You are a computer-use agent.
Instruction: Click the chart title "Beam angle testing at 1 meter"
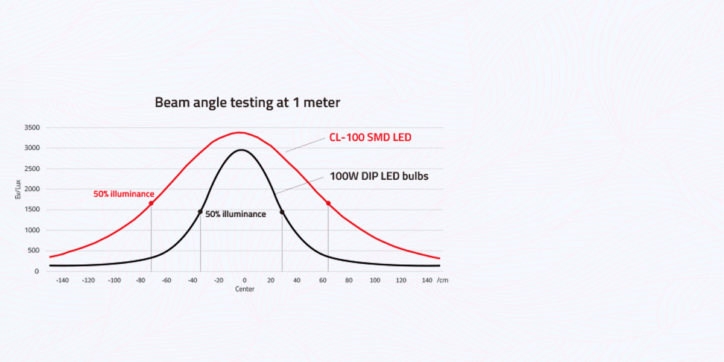tap(247, 103)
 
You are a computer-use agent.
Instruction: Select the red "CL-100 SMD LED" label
tap(370, 138)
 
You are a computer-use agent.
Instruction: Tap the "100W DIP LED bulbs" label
tap(379, 177)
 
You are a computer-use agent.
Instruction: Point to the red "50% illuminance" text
tap(124, 194)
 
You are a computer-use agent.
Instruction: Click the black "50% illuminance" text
tap(235, 214)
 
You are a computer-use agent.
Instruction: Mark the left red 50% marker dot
tap(151, 203)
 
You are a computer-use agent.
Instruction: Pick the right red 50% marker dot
tap(328, 203)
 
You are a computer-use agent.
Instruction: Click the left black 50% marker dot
tap(200, 212)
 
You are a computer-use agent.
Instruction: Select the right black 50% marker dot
tap(282, 212)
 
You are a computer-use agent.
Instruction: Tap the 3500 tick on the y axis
tap(32, 128)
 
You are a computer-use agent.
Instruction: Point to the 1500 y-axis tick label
tap(32, 210)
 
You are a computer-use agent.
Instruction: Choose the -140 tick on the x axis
tap(62, 281)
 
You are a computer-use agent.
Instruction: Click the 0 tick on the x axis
tap(244, 281)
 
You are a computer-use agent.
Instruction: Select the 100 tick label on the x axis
tap(375, 281)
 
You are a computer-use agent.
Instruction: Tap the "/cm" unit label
tap(443, 281)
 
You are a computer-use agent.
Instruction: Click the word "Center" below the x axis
tap(244, 289)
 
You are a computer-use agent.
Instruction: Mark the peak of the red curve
tap(240, 132)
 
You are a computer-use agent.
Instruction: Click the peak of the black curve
tap(240, 150)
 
